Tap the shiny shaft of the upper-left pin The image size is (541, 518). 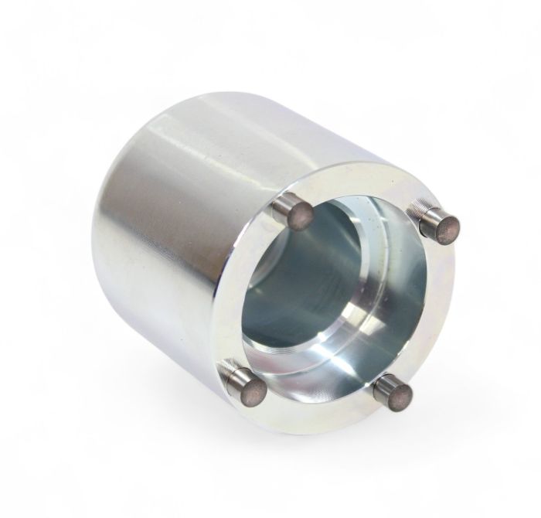pos(284,206)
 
